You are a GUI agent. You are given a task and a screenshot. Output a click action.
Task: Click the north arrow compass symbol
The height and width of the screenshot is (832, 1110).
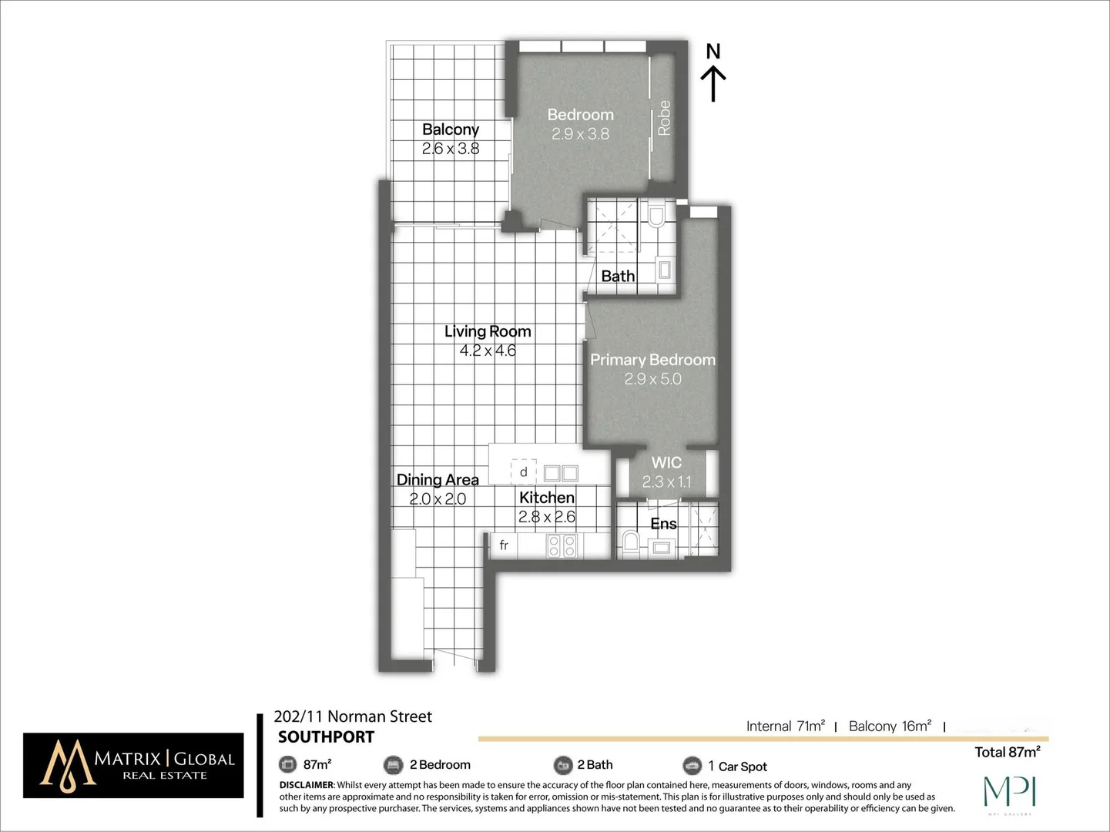tap(713, 74)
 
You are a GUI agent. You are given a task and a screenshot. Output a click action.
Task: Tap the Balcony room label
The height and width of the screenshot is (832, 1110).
tap(451, 129)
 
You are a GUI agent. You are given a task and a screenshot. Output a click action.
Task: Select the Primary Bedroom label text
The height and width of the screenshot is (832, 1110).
tap(652, 360)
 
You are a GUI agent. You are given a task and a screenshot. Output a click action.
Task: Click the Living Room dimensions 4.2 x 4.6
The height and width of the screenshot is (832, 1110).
tap(488, 351)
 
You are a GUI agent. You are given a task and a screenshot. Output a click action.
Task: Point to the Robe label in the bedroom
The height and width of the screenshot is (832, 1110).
tap(664, 118)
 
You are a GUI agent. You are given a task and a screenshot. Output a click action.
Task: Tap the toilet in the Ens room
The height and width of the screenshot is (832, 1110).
tap(630, 542)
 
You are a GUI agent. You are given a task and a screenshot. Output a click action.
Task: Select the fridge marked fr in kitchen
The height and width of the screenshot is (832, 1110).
tap(504, 545)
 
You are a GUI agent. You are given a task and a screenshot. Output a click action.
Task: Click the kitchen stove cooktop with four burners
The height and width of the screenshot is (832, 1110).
tap(562, 545)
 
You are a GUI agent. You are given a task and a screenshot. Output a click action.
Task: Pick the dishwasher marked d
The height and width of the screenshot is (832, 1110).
tap(524, 471)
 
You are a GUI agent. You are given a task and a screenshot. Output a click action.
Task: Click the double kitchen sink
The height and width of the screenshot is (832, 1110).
tap(561, 472)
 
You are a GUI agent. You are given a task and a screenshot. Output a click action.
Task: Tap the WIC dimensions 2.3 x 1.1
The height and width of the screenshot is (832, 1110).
tap(666, 482)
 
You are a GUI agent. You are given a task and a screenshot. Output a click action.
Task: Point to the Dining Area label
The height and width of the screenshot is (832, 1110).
tap(438, 479)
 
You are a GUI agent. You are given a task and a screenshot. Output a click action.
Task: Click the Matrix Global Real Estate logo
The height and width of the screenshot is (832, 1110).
tap(133, 765)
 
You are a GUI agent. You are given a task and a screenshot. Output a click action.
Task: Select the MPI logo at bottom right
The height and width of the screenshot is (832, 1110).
tap(1010, 793)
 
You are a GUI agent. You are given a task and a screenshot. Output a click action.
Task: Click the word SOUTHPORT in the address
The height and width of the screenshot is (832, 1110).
tap(326, 737)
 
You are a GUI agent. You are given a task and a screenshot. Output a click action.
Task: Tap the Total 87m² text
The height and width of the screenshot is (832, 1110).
tap(1007, 752)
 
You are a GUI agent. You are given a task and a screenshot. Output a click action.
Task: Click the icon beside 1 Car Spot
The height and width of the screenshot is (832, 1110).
tap(692, 765)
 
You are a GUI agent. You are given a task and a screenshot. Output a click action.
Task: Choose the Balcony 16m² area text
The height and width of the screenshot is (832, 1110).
tap(890, 726)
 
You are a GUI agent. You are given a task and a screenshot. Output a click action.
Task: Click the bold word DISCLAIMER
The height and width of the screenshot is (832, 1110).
tap(307, 785)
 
